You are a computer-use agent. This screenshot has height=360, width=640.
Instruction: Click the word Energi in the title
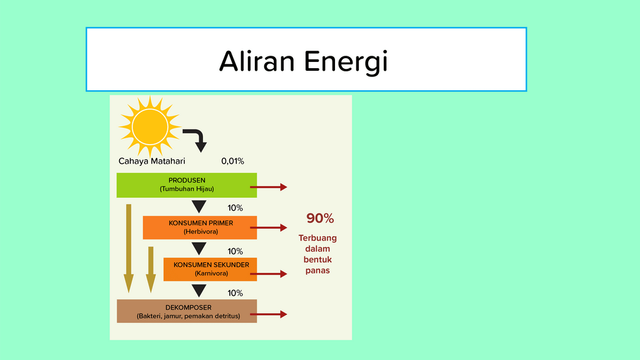pos(346,63)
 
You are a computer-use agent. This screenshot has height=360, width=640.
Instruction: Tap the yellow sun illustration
pos(150,126)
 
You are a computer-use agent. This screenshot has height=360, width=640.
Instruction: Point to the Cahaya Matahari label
pos(152,162)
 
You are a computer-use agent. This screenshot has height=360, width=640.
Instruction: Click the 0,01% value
pos(233,162)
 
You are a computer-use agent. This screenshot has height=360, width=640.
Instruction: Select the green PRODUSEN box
pos(187,185)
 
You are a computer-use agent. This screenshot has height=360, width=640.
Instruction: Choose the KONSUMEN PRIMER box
pos(200,227)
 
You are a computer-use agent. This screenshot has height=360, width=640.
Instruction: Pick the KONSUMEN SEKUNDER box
pos(210,269)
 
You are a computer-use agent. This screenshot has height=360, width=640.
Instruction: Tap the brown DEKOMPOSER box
pos(187,311)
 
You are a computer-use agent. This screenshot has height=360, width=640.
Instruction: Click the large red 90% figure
pos(320,219)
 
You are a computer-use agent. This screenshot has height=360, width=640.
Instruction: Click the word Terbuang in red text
pos(317,238)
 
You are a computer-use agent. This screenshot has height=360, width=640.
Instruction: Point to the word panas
pos(317,270)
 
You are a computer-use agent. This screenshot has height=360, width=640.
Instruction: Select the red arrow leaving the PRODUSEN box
pos(269,187)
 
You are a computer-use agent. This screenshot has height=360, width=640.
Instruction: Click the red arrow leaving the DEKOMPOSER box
pos(269,314)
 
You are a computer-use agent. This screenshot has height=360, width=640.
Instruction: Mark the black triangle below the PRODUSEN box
pos(199,207)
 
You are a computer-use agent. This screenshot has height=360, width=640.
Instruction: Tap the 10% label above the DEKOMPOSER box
pos(235,293)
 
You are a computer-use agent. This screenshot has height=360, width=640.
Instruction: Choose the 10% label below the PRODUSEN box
pos(235,208)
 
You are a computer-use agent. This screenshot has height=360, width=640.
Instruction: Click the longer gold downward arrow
pos(128,248)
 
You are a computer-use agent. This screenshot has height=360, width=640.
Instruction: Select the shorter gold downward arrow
pos(151,269)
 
